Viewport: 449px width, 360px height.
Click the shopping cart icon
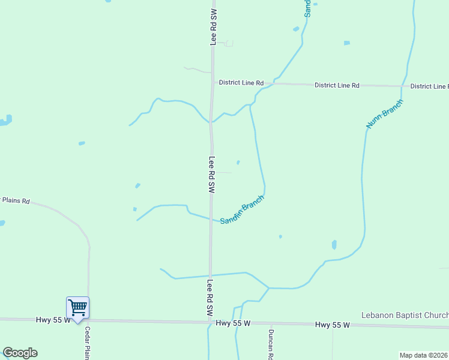coord(77,308)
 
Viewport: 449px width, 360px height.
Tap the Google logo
coord(20,353)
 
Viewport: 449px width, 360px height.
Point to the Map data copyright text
coord(424,355)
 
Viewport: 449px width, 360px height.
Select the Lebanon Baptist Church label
coord(405,316)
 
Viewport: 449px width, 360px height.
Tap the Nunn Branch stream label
coord(384,113)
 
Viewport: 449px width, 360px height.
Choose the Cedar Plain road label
coord(88,343)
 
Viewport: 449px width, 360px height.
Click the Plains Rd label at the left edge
coord(14,201)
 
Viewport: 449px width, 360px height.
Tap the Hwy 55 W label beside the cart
coord(53,320)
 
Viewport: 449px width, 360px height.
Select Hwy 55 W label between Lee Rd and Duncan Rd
coord(233,323)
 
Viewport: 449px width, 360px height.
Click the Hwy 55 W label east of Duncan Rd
coord(332,325)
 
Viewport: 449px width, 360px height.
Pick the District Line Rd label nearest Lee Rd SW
coord(241,83)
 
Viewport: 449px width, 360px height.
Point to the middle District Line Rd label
coord(337,86)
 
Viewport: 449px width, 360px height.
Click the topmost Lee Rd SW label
coord(212,27)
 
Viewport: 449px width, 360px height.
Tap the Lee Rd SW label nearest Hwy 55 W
coord(210,298)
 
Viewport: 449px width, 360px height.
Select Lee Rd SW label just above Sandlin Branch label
coord(211,175)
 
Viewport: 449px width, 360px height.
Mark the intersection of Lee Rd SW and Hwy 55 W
coord(209,322)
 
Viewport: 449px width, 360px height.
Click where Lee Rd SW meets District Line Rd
coord(212,83)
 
